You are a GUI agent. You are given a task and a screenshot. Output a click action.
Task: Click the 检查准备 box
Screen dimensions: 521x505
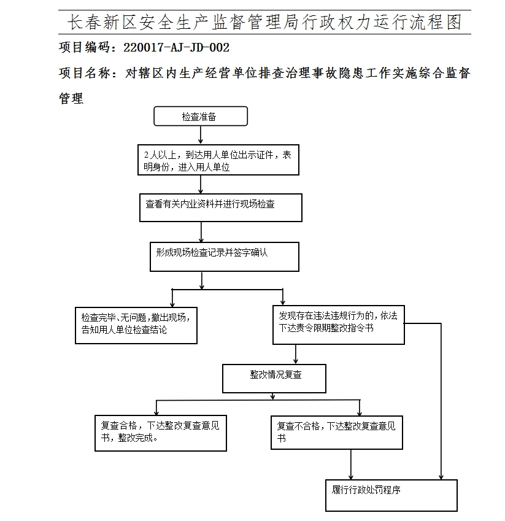point(200,117)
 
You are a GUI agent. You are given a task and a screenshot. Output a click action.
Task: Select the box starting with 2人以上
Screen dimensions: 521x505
point(218,161)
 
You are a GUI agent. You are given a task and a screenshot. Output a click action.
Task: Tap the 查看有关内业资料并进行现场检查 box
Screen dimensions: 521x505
point(220,207)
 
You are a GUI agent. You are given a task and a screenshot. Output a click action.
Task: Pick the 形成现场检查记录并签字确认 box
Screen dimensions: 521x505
point(224,257)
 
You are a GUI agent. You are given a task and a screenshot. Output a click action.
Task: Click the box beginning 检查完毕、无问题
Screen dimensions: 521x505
point(136,325)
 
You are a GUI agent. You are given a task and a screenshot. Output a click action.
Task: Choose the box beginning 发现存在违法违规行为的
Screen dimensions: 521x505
point(338,325)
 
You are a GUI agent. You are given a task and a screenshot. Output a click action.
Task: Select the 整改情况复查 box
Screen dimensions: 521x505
point(274,379)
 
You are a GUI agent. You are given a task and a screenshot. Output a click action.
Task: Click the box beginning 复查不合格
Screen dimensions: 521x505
point(336,432)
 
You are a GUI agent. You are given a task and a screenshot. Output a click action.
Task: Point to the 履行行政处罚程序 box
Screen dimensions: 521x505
point(391,495)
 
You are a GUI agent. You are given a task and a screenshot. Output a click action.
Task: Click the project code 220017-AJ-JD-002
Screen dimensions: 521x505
point(177,47)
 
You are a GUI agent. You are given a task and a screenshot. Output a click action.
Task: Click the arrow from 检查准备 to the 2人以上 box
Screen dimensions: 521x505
point(201,135)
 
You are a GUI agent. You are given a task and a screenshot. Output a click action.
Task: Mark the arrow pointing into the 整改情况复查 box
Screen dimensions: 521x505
point(296,355)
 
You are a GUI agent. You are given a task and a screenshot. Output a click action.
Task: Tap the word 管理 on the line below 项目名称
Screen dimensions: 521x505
point(71,98)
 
